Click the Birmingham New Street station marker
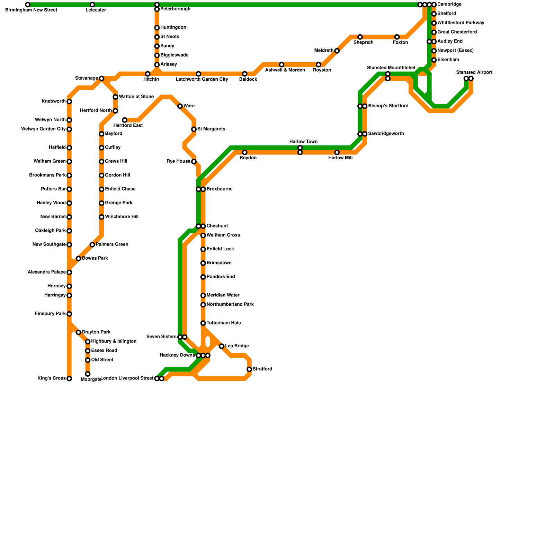click(x=28, y=5)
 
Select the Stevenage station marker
click(x=101, y=79)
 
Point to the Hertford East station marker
click(x=125, y=120)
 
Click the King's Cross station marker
click(x=69, y=379)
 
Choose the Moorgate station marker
click(x=88, y=374)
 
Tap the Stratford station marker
click(x=249, y=369)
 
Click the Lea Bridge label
click(x=237, y=346)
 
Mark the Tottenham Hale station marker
click(x=203, y=323)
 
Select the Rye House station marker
click(x=194, y=162)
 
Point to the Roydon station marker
click(x=245, y=152)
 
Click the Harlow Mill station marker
click(x=337, y=152)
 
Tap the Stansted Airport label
click(x=474, y=73)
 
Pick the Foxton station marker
click(x=397, y=37)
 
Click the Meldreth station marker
click(x=337, y=51)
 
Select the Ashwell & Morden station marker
click(x=282, y=65)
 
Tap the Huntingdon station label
click(x=173, y=28)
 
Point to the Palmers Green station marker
click(x=92, y=245)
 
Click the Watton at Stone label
click(x=136, y=97)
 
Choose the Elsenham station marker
click(x=434, y=60)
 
